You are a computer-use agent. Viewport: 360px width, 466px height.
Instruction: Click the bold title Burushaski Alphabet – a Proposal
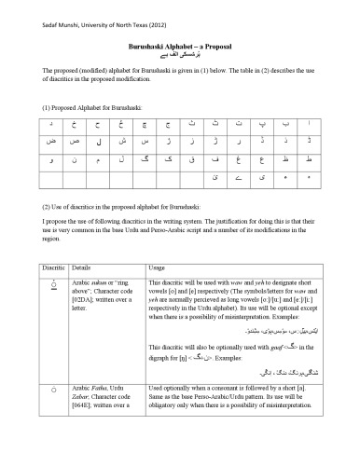(x=179, y=45)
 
